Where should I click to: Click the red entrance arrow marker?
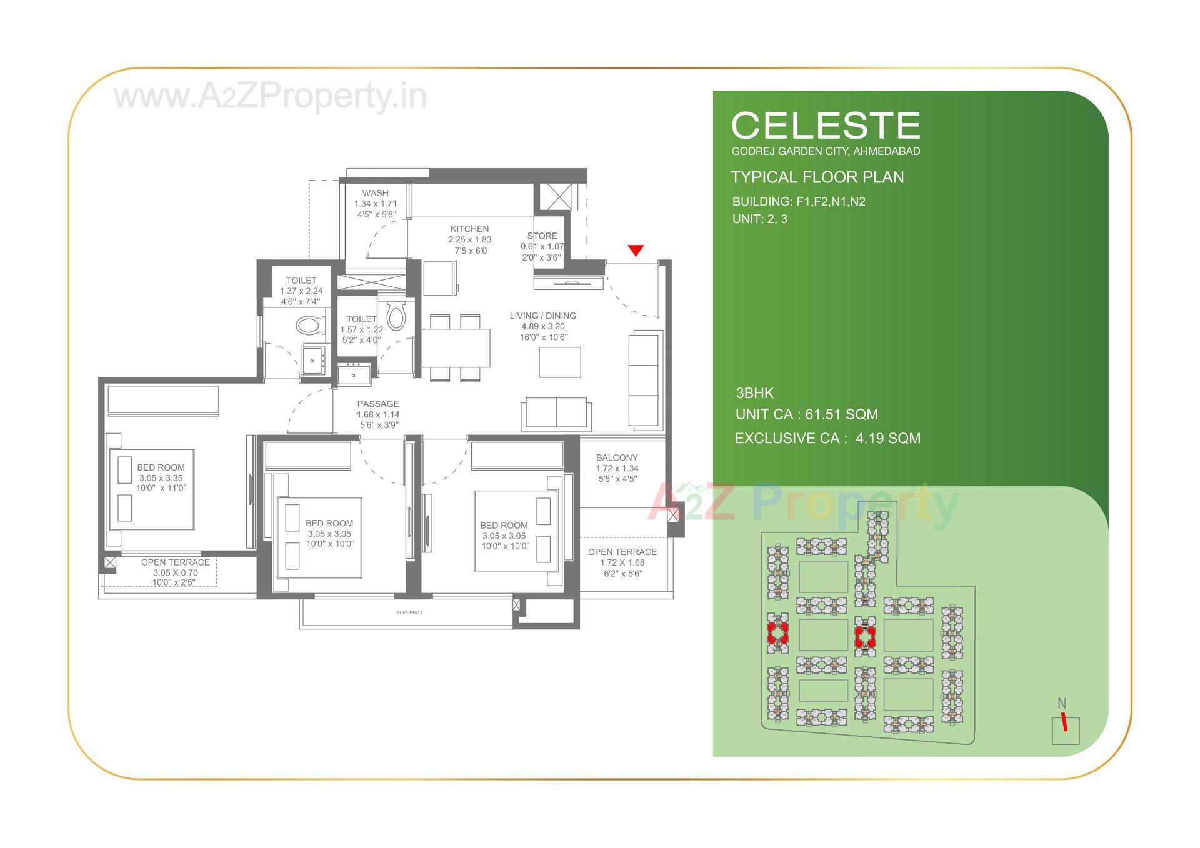636,251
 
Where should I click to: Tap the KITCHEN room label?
469,229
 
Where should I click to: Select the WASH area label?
375,194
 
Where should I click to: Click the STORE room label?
542,236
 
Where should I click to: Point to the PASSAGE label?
377,404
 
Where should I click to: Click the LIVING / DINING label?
542,316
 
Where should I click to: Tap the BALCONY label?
616,458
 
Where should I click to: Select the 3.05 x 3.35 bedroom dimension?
161,478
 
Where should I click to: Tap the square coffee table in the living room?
559,362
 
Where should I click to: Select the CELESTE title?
825,126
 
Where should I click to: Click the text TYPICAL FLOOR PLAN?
817,177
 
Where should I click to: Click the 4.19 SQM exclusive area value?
887,439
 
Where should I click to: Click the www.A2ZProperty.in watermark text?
270,97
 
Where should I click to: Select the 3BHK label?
754,393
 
